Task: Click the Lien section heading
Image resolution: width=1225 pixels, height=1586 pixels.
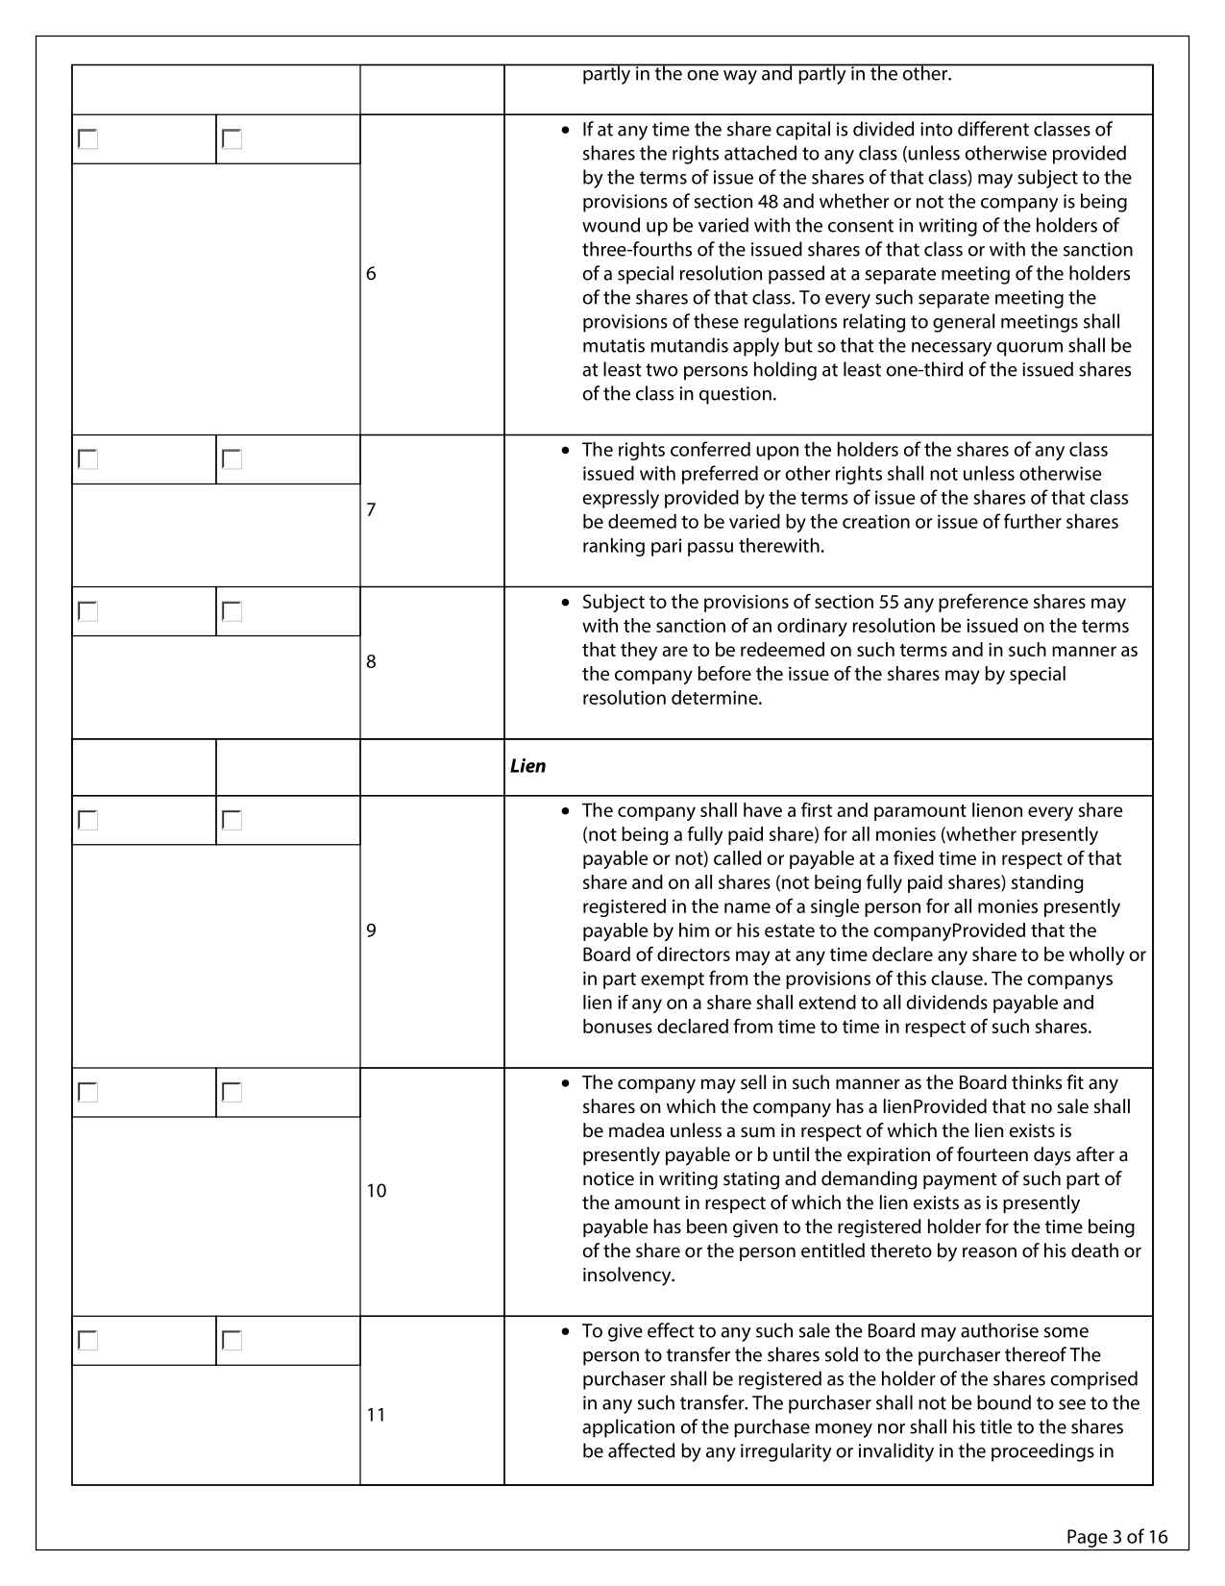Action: tap(527, 766)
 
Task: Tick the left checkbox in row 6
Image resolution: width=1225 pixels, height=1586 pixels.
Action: tap(88, 139)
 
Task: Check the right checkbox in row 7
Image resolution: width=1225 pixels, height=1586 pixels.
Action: tap(232, 459)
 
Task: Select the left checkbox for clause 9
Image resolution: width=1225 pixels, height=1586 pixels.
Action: tap(88, 820)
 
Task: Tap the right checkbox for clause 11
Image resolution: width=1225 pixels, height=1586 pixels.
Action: tap(232, 1340)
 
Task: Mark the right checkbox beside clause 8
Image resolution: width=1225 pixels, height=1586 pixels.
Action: tap(232, 611)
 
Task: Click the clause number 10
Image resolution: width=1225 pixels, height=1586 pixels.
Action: tap(376, 1191)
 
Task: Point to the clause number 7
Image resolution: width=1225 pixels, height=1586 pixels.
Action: tap(371, 509)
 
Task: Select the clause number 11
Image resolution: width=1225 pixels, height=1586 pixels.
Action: tap(376, 1415)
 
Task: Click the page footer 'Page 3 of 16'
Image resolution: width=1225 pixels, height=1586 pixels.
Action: tap(1116, 1537)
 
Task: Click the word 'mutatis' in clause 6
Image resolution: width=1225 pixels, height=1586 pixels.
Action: tap(612, 346)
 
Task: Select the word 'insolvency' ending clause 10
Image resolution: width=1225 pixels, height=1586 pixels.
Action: tap(627, 1276)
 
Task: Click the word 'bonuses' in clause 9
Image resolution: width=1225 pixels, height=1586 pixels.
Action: tap(617, 1027)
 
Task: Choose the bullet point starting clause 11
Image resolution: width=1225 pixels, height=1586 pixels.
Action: tap(566, 1331)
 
